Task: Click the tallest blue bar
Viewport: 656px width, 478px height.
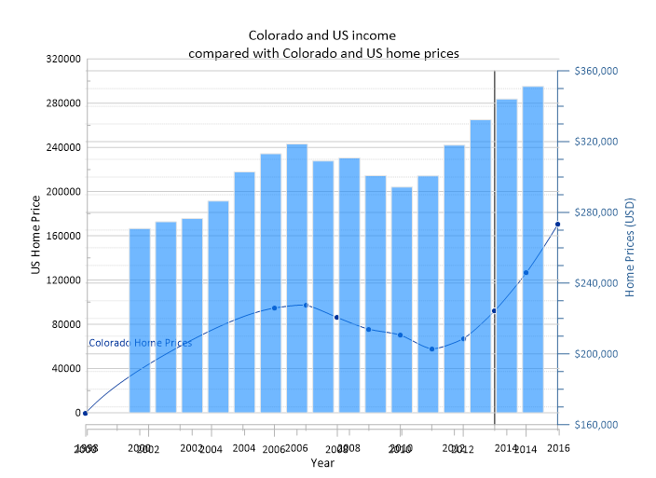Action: (x=533, y=249)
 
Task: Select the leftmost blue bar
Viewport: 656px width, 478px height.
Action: (x=140, y=320)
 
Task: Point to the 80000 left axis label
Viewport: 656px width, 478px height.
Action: (x=65, y=324)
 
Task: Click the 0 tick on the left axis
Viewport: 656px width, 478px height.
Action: (x=76, y=413)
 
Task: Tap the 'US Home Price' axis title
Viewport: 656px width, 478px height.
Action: (x=35, y=236)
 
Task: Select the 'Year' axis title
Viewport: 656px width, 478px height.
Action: (x=322, y=463)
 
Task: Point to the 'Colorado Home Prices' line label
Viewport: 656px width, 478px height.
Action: (x=140, y=343)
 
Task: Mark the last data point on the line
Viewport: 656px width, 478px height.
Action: (x=558, y=225)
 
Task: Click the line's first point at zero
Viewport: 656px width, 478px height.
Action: (x=85, y=413)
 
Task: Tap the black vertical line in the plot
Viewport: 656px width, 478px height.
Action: (x=494, y=186)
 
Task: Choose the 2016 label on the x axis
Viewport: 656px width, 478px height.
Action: (x=559, y=448)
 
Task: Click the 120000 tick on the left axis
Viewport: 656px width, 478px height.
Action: (x=62, y=280)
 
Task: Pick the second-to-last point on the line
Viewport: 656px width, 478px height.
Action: (x=526, y=273)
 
